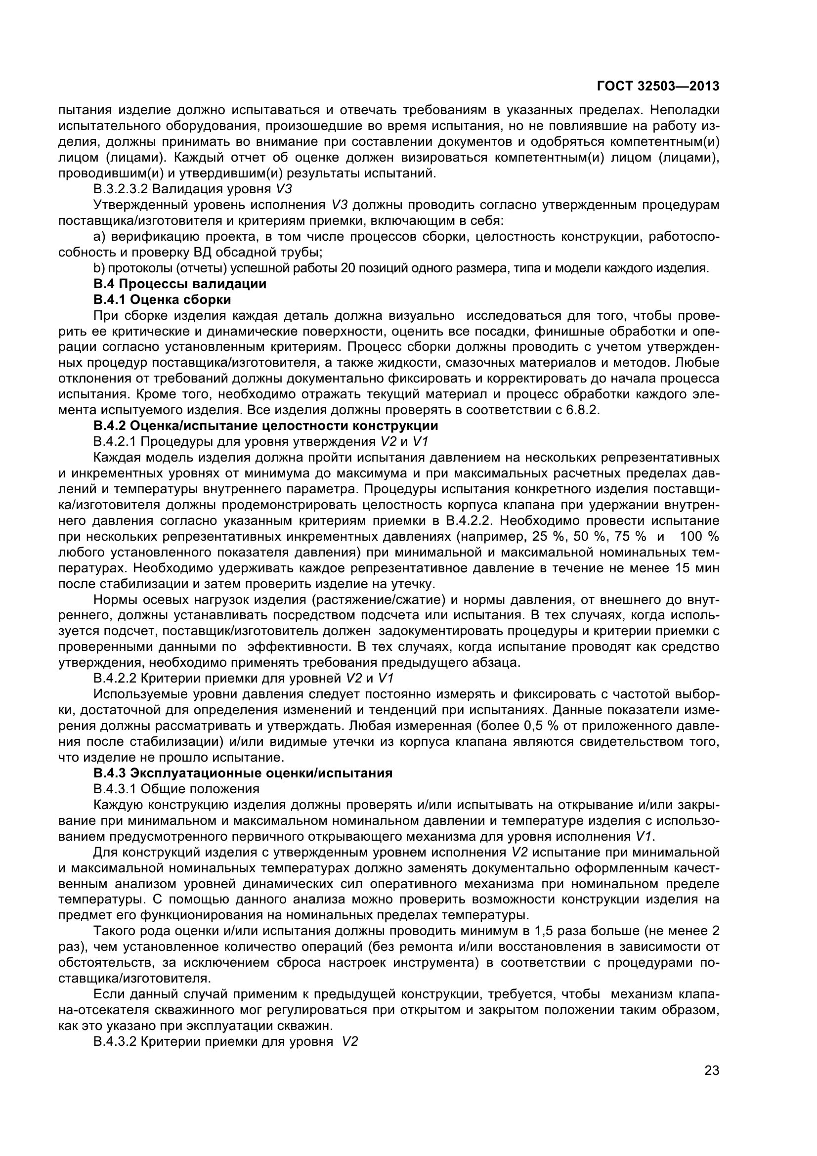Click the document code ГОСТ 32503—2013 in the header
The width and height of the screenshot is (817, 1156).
658,86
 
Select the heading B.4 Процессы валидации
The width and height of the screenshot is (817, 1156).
180,284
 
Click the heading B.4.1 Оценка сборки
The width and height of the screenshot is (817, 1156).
162,300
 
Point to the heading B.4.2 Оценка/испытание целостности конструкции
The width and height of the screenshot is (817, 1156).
266,426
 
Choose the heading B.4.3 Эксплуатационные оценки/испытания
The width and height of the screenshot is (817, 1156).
243,773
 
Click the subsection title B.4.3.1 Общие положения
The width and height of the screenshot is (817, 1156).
176,788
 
